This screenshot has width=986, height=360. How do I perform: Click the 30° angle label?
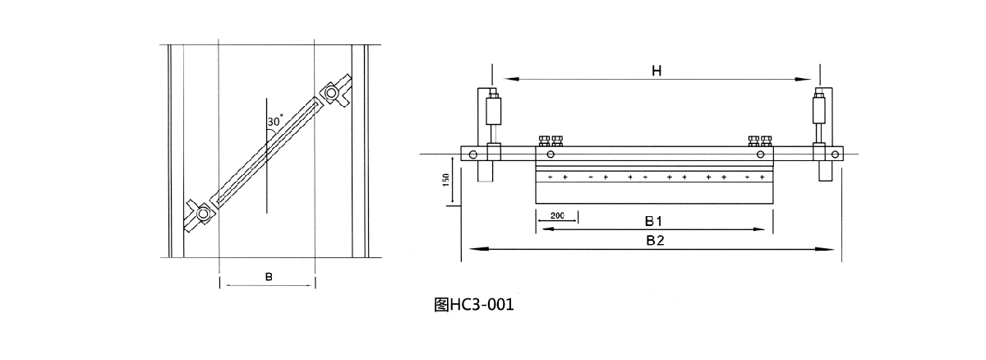pyautogui.click(x=274, y=121)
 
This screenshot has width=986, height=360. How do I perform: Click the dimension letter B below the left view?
pyautogui.click(x=268, y=277)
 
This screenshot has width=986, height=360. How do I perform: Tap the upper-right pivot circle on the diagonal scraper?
pyautogui.click(x=331, y=94)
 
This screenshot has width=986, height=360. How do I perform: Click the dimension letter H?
pyautogui.click(x=657, y=71)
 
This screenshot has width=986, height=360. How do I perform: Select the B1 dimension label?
pyautogui.click(x=654, y=220)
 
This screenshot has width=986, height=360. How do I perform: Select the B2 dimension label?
pyautogui.click(x=654, y=240)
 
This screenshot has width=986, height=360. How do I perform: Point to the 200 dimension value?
pyautogui.click(x=557, y=215)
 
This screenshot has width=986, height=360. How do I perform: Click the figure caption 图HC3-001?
pyautogui.click(x=473, y=305)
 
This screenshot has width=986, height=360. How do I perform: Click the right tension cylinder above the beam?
pyautogui.click(x=818, y=109)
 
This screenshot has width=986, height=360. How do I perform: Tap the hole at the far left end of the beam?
pyautogui.click(x=472, y=154)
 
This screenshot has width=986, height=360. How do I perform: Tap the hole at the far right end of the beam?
pyautogui.click(x=836, y=154)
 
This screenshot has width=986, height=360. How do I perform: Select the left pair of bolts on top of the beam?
pyautogui.click(x=551, y=141)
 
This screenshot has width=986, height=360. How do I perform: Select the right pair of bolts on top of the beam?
pyautogui.click(x=761, y=141)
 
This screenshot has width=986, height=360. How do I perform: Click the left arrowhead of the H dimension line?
pyautogui.click(x=509, y=80)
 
